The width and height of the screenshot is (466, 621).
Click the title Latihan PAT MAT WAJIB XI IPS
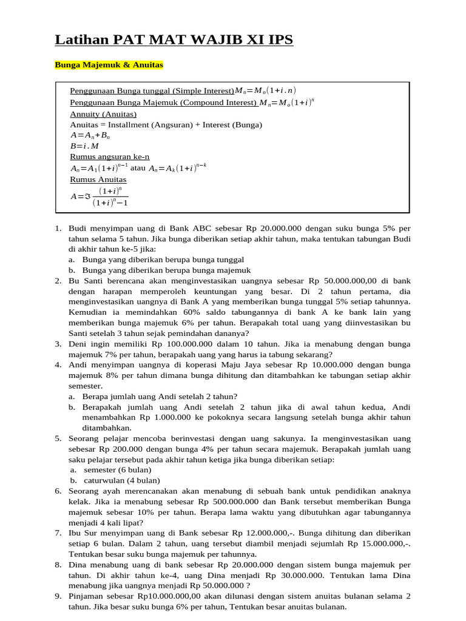[174, 40]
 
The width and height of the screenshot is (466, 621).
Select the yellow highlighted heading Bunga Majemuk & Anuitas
[109, 64]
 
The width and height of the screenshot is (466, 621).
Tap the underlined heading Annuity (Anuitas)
[103, 113]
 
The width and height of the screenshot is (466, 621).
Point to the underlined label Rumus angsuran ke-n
[110, 156]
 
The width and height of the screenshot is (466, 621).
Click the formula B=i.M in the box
[85, 146]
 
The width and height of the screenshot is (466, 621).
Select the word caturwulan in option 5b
[106, 480]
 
